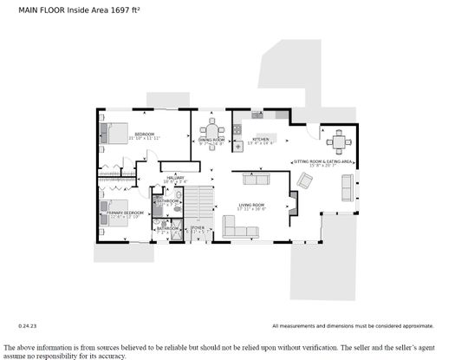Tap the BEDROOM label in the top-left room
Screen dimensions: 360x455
(x=143, y=134)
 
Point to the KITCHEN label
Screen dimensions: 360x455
(x=262, y=139)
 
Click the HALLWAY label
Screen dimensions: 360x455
(x=175, y=178)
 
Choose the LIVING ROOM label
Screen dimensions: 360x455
(x=252, y=205)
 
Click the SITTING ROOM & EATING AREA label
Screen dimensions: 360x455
(x=322, y=161)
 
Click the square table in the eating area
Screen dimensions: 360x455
(x=337, y=141)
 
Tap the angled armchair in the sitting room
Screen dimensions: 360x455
(x=306, y=180)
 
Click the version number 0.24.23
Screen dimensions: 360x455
(x=29, y=325)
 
